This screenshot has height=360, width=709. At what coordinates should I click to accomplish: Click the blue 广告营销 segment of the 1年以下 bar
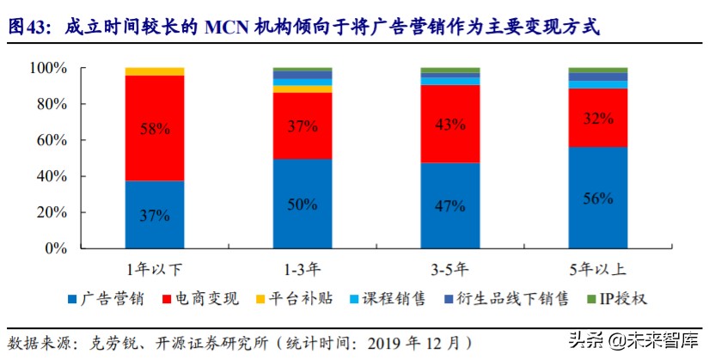[155, 215]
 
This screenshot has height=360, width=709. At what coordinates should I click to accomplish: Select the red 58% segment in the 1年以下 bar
[155, 128]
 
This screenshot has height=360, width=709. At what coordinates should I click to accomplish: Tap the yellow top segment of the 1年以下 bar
[155, 71]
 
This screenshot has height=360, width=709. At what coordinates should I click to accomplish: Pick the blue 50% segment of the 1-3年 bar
[303, 204]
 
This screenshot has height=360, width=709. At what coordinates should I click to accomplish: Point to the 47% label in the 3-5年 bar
[450, 207]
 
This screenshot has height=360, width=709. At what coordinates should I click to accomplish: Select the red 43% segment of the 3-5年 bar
[450, 124]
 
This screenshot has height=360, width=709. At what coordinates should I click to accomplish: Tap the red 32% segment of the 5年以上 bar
[598, 118]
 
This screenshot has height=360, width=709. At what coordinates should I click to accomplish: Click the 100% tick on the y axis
[49, 68]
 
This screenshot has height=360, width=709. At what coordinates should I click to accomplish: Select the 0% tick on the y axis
[56, 248]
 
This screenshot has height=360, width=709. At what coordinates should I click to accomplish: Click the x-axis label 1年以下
[155, 267]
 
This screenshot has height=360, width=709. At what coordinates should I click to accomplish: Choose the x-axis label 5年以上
[598, 267]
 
